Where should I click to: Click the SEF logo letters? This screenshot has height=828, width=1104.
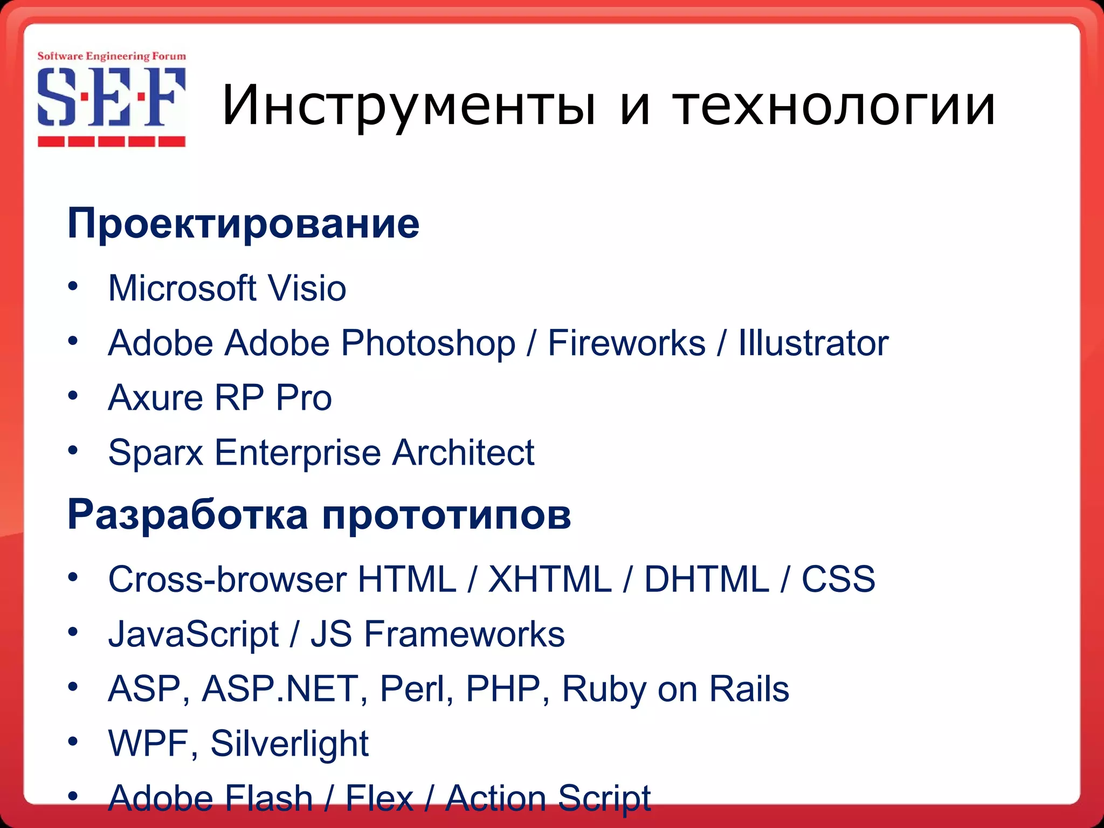[x=112, y=97]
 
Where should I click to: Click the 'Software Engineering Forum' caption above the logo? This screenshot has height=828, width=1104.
[x=112, y=56]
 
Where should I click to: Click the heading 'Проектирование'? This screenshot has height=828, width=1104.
[x=243, y=224]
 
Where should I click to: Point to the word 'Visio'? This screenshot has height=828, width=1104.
[x=307, y=288]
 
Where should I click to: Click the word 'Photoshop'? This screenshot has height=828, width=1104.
[x=428, y=343]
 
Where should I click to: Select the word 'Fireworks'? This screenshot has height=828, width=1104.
[x=626, y=343]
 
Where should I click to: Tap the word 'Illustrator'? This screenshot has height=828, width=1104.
[x=813, y=343]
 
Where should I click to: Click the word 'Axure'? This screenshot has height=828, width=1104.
[x=156, y=398]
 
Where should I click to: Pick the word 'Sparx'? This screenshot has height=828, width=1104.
[x=156, y=453]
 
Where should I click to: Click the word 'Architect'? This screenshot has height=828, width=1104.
[x=463, y=452]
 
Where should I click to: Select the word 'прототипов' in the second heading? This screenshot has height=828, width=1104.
[x=446, y=515]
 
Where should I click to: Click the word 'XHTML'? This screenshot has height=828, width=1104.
[x=550, y=579]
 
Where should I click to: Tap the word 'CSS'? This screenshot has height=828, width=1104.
[x=838, y=579]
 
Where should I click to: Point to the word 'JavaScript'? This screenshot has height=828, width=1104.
[x=193, y=635]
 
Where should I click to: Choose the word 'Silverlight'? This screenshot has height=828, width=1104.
[x=289, y=744]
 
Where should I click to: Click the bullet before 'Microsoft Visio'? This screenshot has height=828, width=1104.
[x=73, y=286]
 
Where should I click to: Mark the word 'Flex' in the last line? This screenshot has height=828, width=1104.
[x=379, y=798]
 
